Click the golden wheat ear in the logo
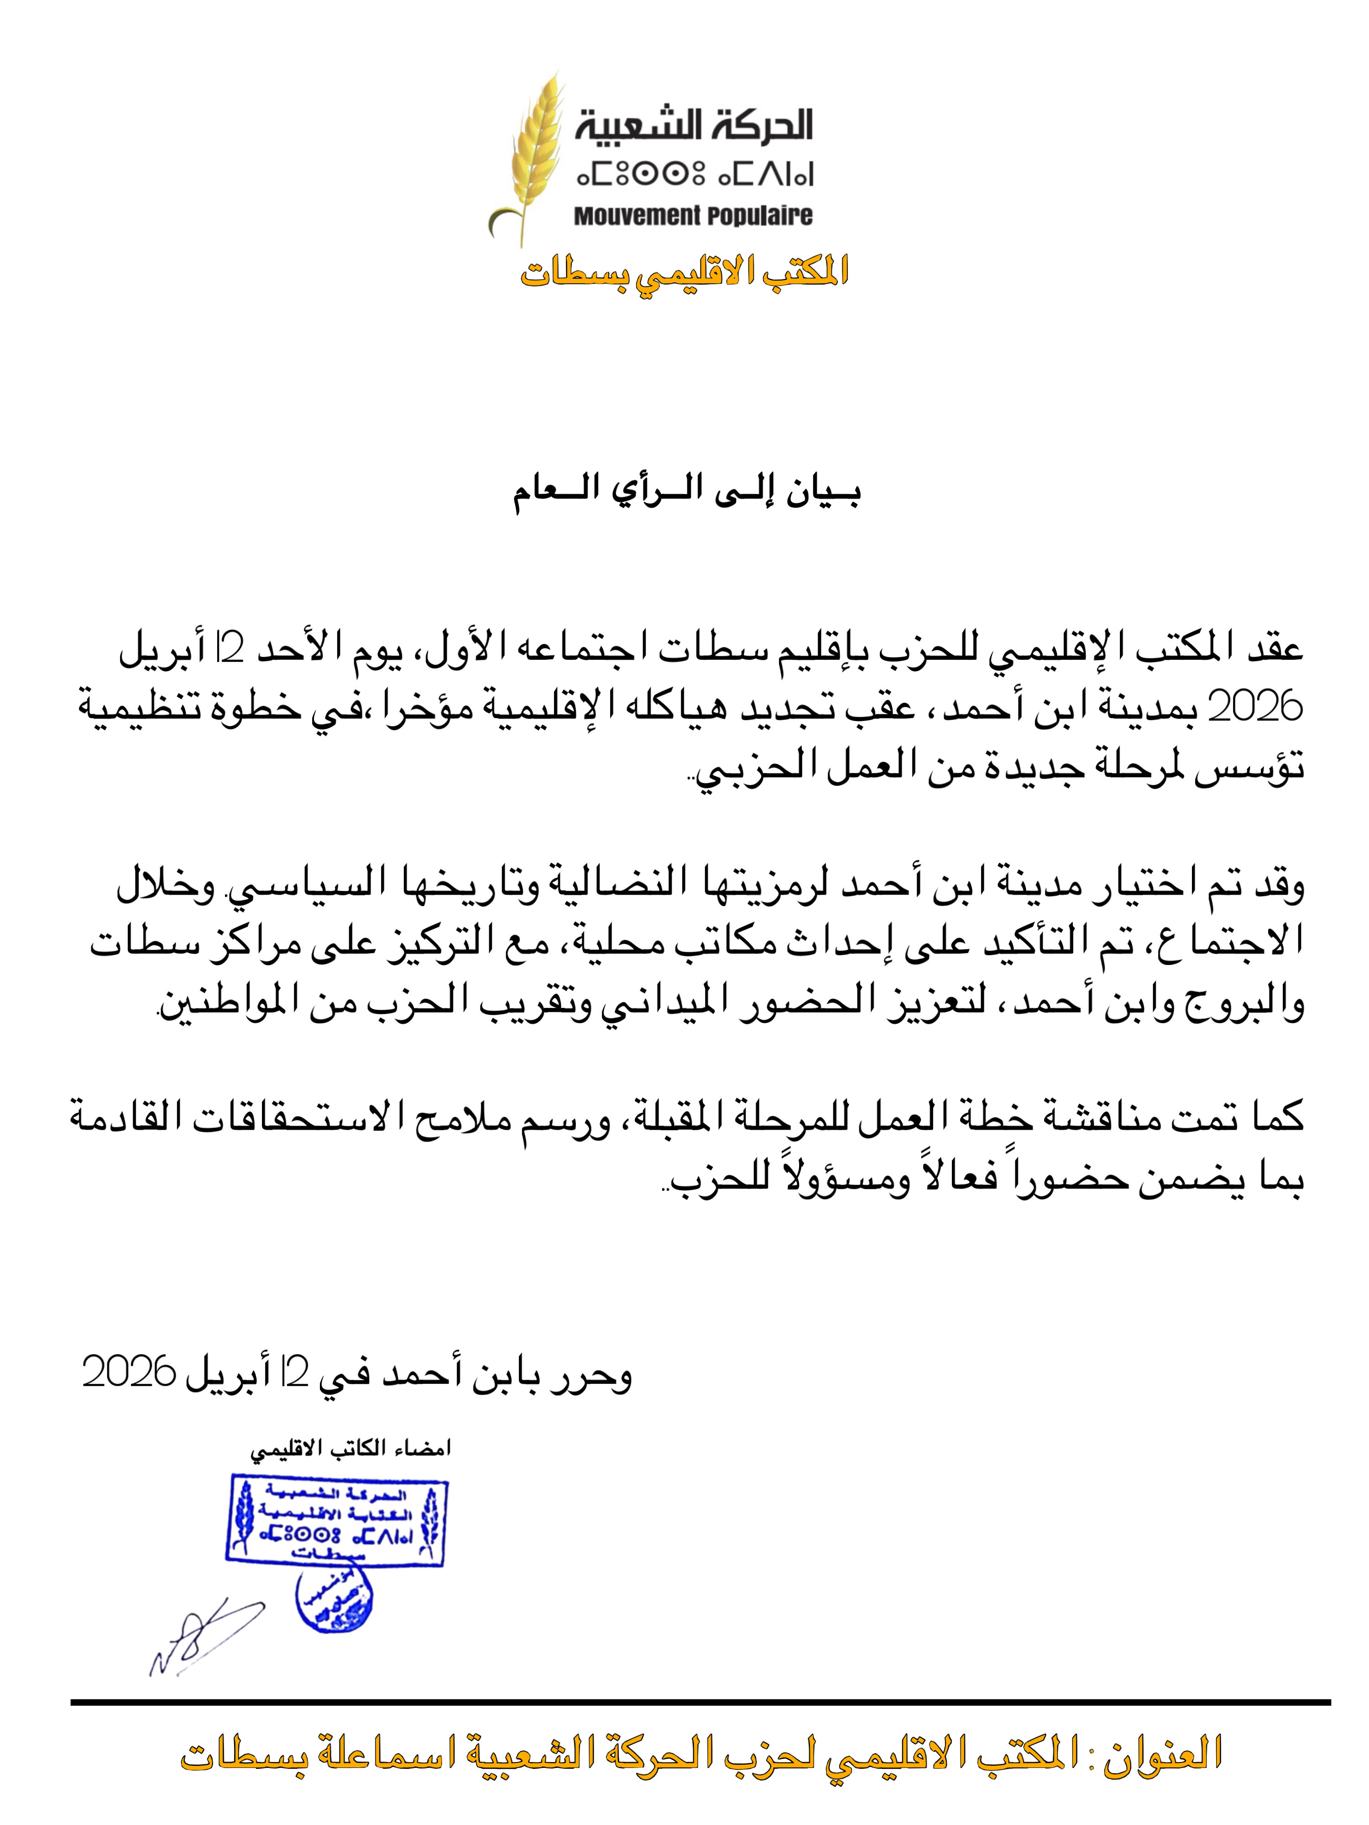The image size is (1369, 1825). point(532,153)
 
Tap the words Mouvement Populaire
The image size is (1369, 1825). point(693,216)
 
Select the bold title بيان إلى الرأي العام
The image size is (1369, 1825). point(687,493)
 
